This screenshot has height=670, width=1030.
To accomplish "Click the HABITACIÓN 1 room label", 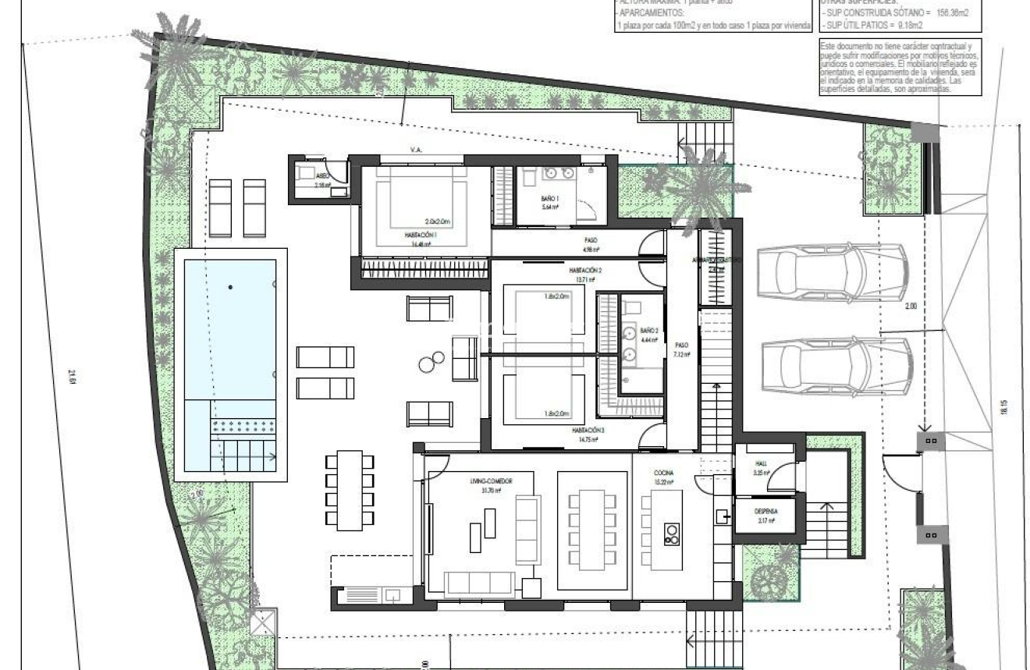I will click(x=420, y=234).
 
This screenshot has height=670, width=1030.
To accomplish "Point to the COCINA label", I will click(x=663, y=473).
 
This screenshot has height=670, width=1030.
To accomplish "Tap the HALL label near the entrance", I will click(x=762, y=463).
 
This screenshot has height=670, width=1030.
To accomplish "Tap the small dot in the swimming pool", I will click(x=230, y=288).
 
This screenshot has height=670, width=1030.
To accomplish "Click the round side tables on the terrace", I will click(x=428, y=363).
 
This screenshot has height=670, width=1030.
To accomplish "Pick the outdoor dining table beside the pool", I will click(x=350, y=487).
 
